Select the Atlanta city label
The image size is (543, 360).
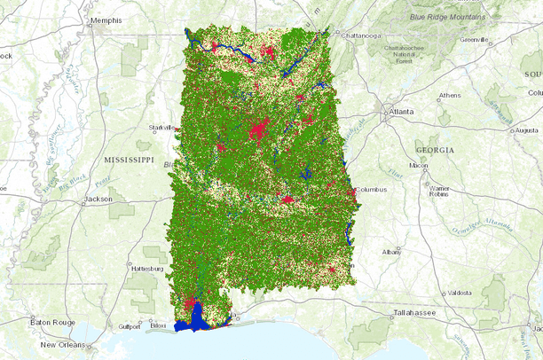pyautogui.click(x=402, y=113)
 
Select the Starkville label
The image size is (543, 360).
pyautogui.click(x=161, y=127)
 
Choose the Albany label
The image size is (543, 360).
pyautogui.click(x=391, y=253)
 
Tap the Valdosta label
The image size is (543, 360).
pyautogui.click(x=460, y=292)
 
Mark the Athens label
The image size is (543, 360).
pyautogui.click(x=450, y=95)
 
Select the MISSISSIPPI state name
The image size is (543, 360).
pyautogui.click(x=130, y=160)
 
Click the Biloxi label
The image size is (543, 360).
pyautogui.click(x=158, y=325)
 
